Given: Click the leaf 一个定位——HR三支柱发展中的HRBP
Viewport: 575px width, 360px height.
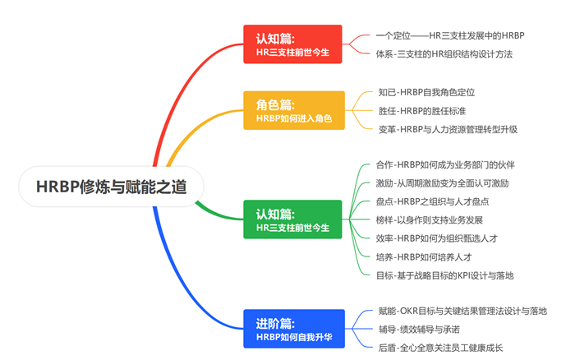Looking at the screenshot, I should tap(449, 35).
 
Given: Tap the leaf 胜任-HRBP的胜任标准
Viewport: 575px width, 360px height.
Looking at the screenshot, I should tap(426, 110).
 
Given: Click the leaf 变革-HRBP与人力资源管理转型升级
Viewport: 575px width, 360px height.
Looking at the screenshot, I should tap(448, 129).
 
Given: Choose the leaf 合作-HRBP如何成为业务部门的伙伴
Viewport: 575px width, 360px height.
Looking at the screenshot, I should tap(445, 165).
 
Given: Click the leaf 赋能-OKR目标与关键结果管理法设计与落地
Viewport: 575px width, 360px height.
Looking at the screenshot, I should tap(462, 311).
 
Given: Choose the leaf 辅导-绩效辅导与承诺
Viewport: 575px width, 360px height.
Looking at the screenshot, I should tap(419, 330).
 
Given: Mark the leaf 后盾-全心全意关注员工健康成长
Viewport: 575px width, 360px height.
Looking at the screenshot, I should tap(440, 348).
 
